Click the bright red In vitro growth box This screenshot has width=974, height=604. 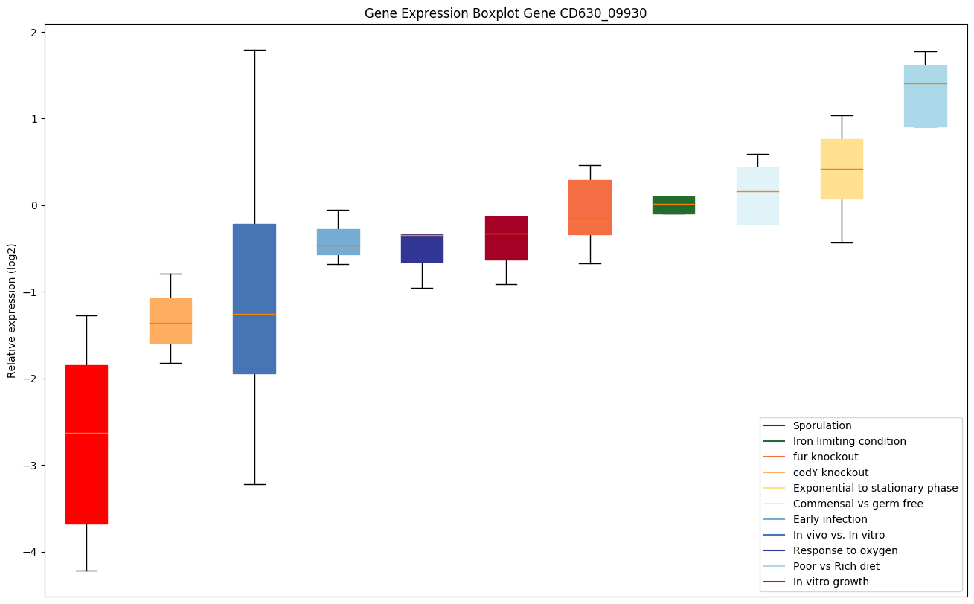click(86, 444)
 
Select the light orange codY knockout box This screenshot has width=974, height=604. click(170, 321)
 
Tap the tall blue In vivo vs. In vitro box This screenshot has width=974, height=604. click(254, 298)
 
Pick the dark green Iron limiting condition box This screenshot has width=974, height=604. click(673, 205)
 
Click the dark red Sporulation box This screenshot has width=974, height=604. click(506, 238)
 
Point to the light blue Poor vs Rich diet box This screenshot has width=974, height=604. click(925, 96)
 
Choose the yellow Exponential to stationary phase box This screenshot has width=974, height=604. click(842, 169)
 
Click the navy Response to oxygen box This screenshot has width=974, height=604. click(422, 248)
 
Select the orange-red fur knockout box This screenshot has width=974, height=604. click(590, 208)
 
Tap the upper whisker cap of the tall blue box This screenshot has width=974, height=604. click(254, 50)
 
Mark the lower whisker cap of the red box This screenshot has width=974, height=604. click(86, 571)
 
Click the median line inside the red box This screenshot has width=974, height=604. click(86, 433)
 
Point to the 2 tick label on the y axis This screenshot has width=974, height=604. click(34, 33)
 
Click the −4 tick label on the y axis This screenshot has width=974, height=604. click(31, 553)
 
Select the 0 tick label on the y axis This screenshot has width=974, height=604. click(34, 206)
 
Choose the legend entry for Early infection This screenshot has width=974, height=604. click(830, 519)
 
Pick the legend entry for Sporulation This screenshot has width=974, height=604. click(821, 425)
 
